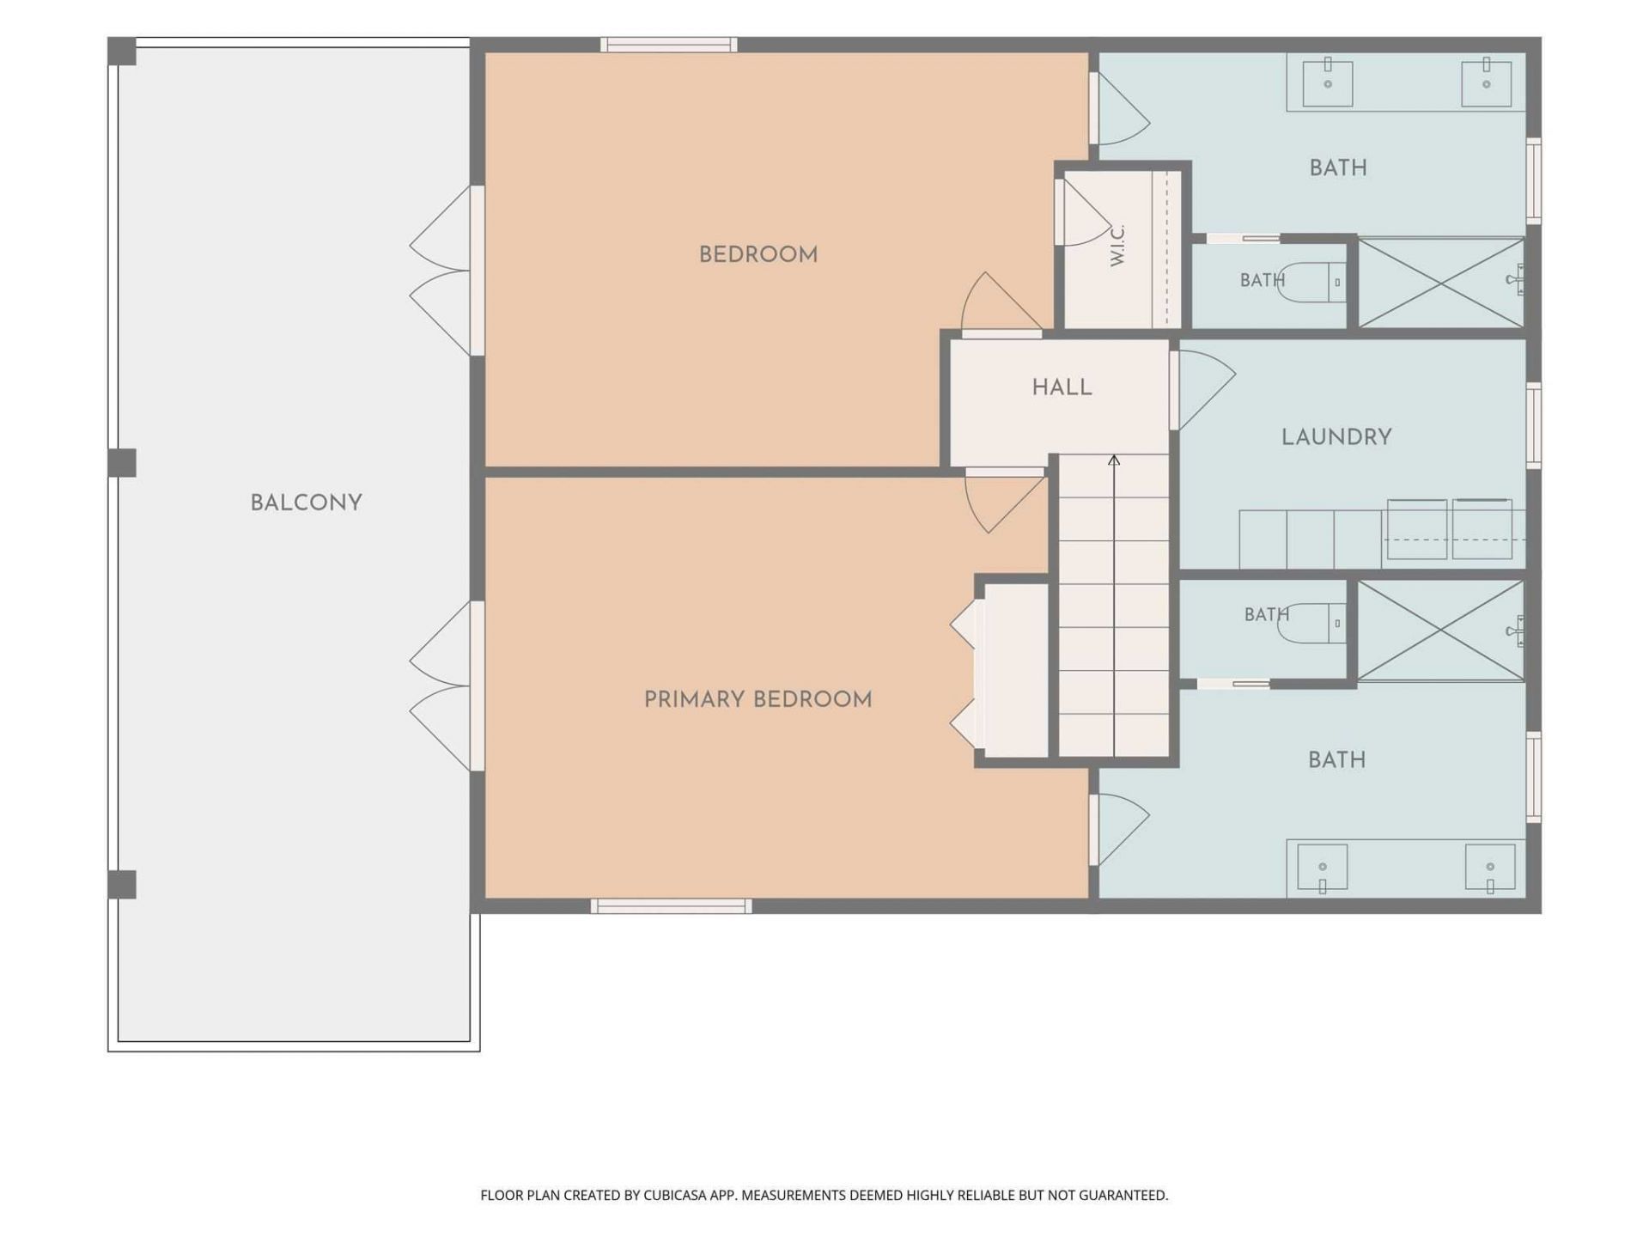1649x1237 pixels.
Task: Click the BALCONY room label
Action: pyautogui.click(x=306, y=503)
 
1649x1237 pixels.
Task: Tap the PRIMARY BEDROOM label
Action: pyautogui.click(x=758, y=699)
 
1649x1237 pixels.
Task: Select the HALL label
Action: pyautogui.click(x=1062, y=387)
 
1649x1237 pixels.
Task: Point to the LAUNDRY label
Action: pyautogui.click(x=1336, y=437)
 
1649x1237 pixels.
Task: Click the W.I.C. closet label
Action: pyautogui.click(x=1117, y=246)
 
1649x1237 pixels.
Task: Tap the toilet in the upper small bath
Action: pyautogui.click(x=1311, y=282)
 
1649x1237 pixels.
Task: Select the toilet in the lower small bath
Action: pyautogui.click(x=1311, y=623)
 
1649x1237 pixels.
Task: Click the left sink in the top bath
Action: pyautogui.click(x=1328, y=81)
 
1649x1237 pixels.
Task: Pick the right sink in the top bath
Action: pyautogui.click(x=1487, y=82)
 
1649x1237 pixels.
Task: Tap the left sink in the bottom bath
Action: pyautogui.click(x=1322, y=869)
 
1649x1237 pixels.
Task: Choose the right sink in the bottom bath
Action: pyautogui.click(x=1490, y=869)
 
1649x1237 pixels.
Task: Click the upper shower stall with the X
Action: pyautogui.click(x=1441, y=283)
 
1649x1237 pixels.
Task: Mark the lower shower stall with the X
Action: pyautogui.click(x=1441, y=631)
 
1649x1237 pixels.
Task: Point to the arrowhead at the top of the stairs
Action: pyautogui.click(x=1114, y=460)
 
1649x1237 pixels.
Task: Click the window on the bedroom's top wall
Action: pyautogui.click(x=668, y=45)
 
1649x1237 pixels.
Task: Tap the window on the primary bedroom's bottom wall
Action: pyautogui.click(x=671, y=906)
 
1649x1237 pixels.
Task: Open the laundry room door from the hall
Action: pyautogui.click(x=1202, y=391)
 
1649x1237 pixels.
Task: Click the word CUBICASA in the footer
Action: pyautogui.click(x=675, y=1195)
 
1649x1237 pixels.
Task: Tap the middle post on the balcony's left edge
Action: pyautogui.click(x=122, y=462)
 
